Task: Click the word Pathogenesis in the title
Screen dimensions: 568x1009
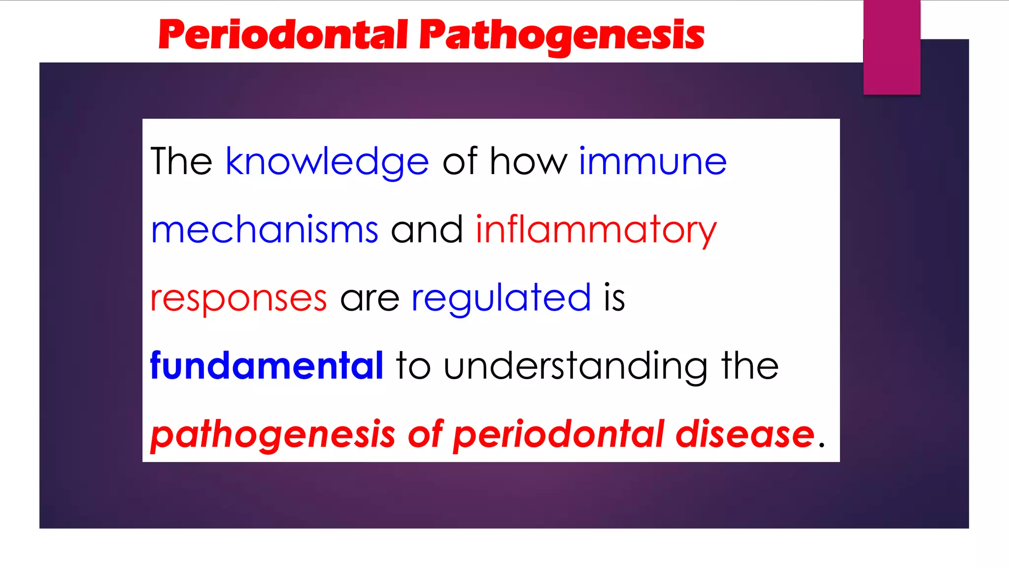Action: click(x=562, y=35)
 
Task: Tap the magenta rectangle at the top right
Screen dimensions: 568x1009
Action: click(x=892, y=47)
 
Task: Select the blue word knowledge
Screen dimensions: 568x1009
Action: click(x=327, y=162)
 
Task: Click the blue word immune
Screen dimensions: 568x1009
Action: click(x=652, y=162)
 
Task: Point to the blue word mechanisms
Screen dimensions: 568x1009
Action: click(x=265, y=230)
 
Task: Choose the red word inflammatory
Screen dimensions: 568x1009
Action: click(x=596, y=230)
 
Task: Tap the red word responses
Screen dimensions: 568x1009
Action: click(x=238, y=298)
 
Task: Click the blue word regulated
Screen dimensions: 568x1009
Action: click(x=501, y=298)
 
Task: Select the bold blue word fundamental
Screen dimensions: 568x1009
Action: click(x=267, y=366)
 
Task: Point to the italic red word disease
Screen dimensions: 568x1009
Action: click(x=744, y=434)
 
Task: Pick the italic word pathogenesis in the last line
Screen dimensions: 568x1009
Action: click(x=272, y=434)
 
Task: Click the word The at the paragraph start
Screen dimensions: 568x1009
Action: click(x=181, y=162)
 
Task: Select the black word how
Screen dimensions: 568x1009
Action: click(x=528, y=162)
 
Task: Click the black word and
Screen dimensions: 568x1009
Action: click(x=427, y=230)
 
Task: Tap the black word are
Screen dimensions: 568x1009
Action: click(x=370, y=299)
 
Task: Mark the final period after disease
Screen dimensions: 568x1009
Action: click(x=821, y=444)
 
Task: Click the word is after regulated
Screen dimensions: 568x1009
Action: click(x=614, y=298)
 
